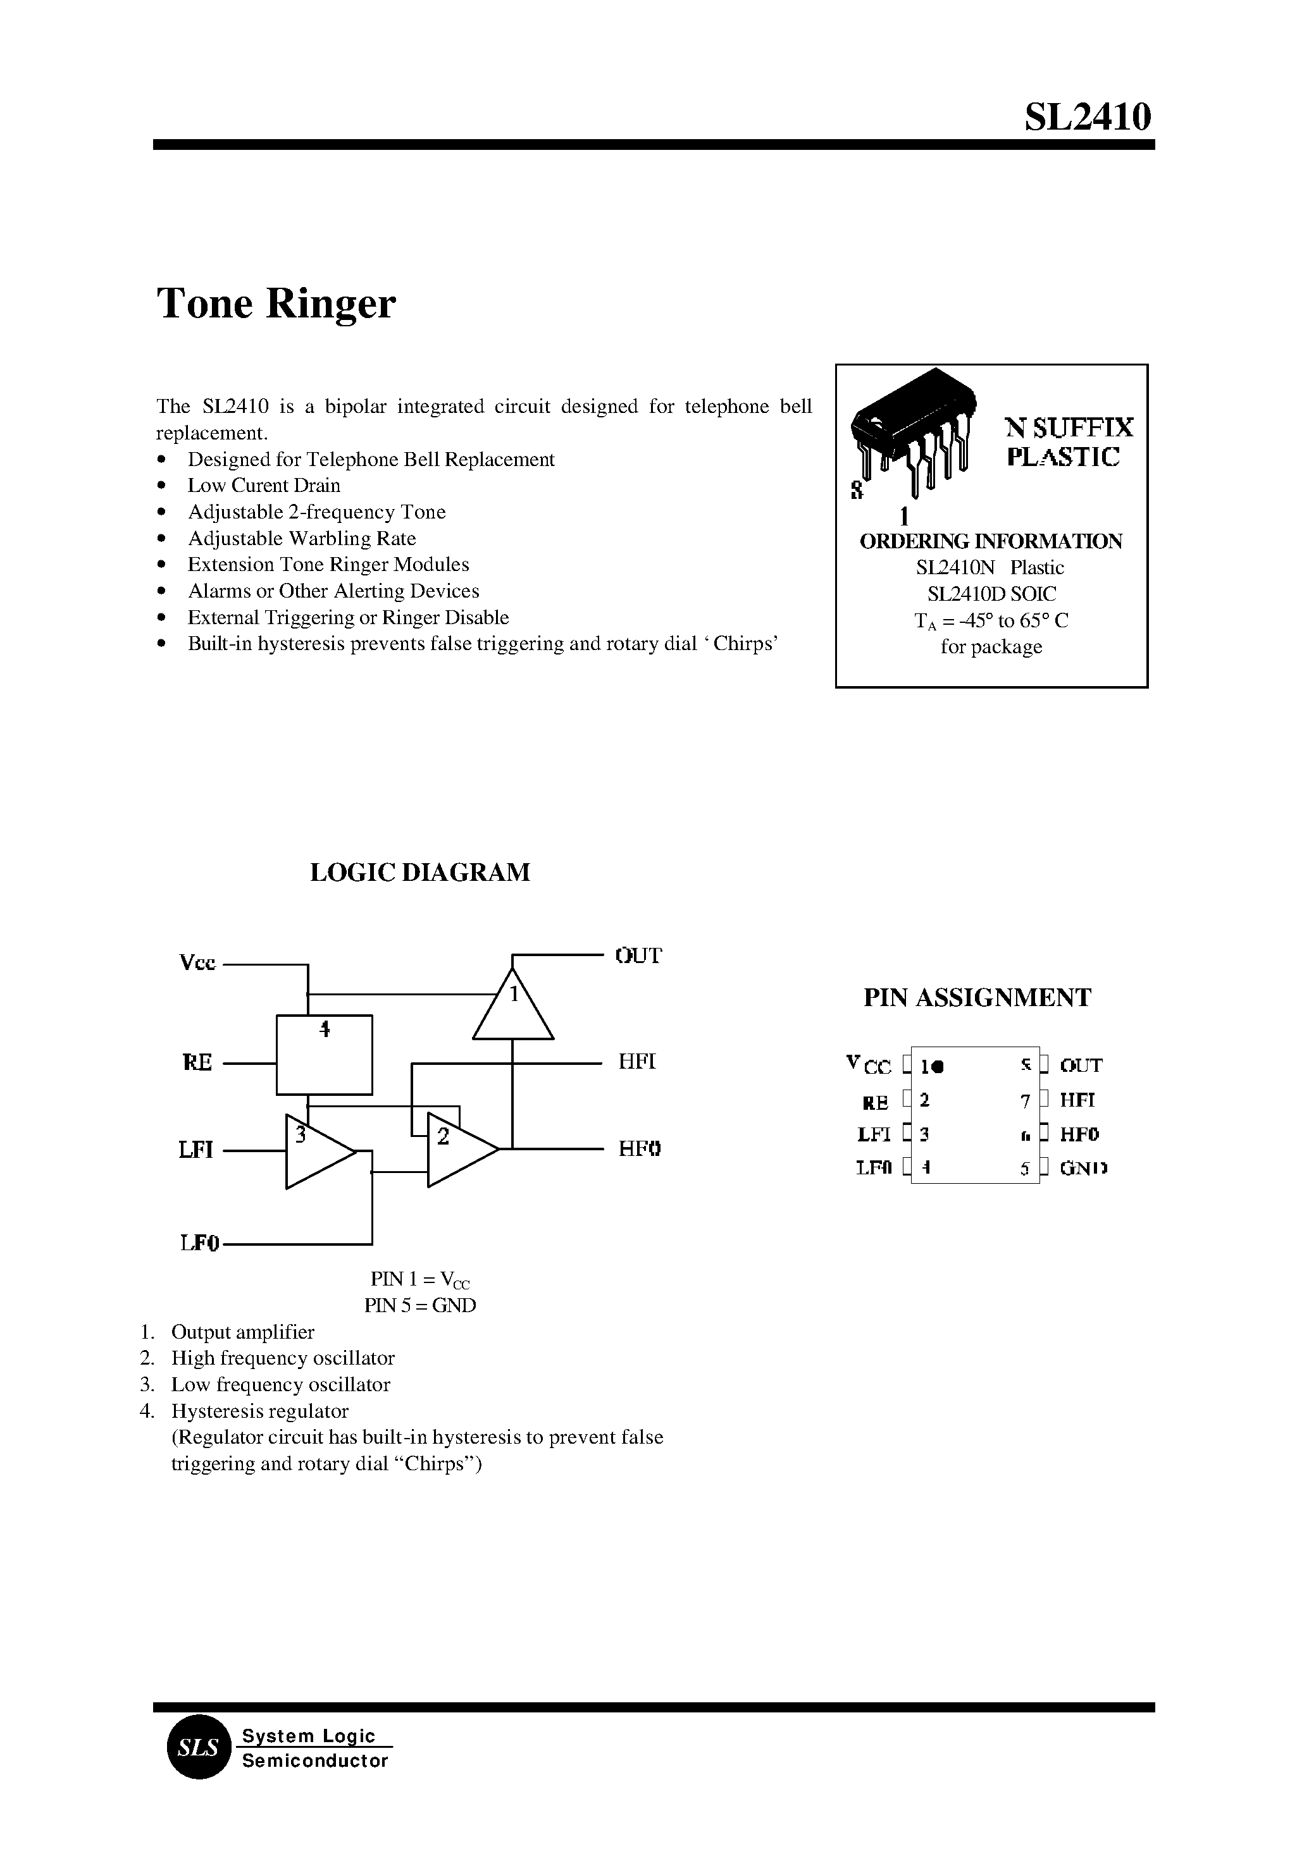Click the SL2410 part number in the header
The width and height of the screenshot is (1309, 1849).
[x=1088, y=117]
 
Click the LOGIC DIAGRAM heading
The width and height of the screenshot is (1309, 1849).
[x=420, y=873]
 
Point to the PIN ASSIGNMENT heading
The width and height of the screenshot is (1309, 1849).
[x=977, y=997]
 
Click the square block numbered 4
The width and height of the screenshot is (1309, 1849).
[x=324, y=1055]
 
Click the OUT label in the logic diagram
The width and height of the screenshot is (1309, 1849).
[x=638, y=955]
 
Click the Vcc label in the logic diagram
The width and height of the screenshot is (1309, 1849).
[x=197, y=963]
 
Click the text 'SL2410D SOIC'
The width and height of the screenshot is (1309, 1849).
[x=991, y=594]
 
